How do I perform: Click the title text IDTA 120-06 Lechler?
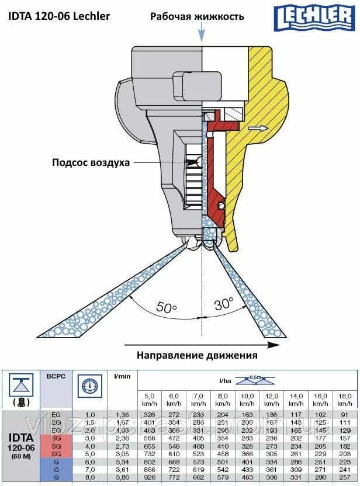click(59, 16)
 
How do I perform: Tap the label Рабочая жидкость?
click(197, 16)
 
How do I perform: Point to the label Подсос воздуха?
click(91, 162)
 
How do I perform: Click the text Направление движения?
click(197, 355)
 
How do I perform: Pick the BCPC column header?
click(56, 377)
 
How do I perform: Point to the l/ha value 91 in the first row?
click(345, 415)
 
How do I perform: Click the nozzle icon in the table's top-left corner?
click(20, 390)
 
